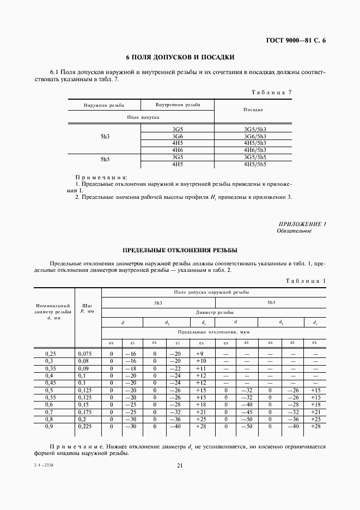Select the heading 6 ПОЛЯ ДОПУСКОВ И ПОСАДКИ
(180, 57)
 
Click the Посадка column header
(253, 110)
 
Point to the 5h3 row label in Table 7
(105, 136)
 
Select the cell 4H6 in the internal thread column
(177, 150)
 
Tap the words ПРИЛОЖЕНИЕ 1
(302, 224)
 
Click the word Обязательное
(294, 231)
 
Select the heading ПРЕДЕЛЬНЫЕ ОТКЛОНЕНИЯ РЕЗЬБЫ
(180, 250)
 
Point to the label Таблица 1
(305, 280)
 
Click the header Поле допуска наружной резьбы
(212, 293)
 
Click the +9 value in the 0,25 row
(201, 354)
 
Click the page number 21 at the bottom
(180, 465)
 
